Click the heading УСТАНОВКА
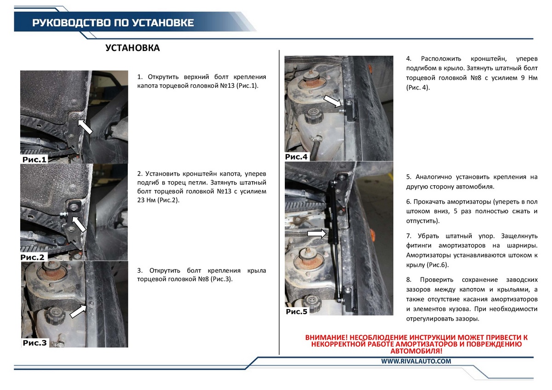pyautogui.click(x=132, y=48)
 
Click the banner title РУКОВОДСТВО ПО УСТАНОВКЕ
pyautogui.click(x=113, y=23)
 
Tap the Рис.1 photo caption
pyautogui.click(x=34, y=160)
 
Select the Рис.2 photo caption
pyautogui.click(x=32, y=257)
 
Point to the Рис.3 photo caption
pyautogui.click(x=35, y=343)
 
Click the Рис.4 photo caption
pyautogui.click(x=296, y=157)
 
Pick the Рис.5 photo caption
pyautogui.click(x=296, y=311)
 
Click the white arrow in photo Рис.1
pyautogui.click(x=85, y=126)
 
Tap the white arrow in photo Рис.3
pyautogui.click(x=78, y=311)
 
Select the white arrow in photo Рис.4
pyautogui.click(x=332, y=101)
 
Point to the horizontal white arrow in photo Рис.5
pyautogui.click(x=317, y=233)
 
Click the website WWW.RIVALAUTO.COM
pyautogui.click(x=416, y=361)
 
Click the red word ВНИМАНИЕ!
pyautogui.click(x=326, y=338)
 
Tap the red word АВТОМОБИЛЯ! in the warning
pyautogui.click(x=416, y=351)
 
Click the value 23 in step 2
pyautogui.click(x=141, y=200)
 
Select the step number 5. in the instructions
pyautogui.click(x=408, y=177)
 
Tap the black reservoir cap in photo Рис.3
pyautogui.click(x=54, y=314)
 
